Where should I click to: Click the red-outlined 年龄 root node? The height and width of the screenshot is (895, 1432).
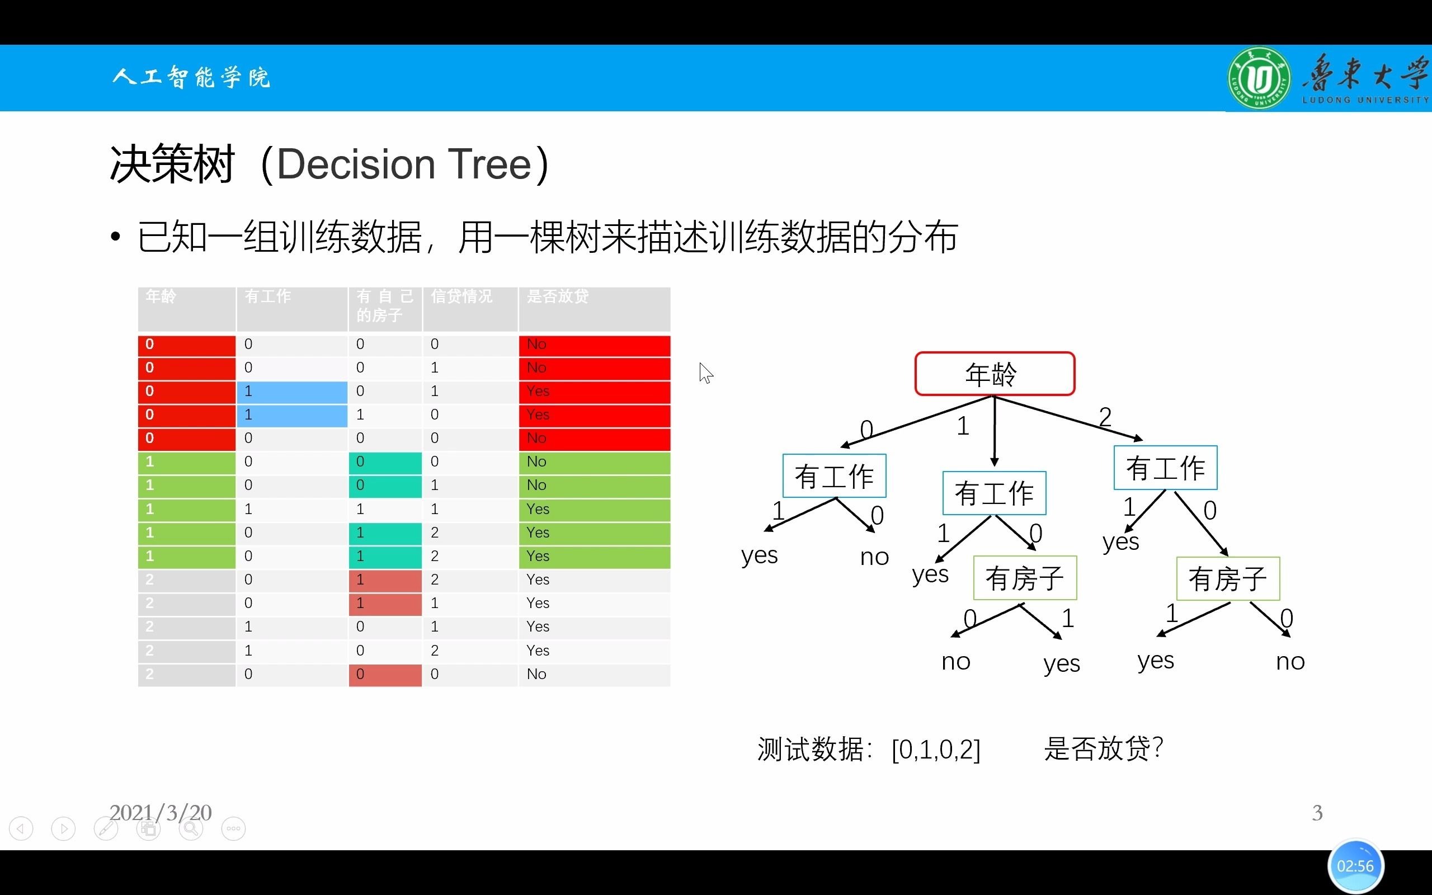(995, 374)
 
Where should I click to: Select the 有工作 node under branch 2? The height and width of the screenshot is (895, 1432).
(1165, 468)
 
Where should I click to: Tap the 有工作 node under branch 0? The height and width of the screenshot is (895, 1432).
(834, 476)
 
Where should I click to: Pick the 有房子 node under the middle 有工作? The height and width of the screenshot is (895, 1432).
(1025, 578)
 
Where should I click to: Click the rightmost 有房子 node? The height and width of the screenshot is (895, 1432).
(1228, 578)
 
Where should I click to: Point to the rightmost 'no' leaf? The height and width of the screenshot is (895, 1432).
(1290, 661)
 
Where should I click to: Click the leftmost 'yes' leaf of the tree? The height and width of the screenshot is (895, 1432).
(759, 555)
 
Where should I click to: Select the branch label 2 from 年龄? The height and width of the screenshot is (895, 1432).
(1105, 417)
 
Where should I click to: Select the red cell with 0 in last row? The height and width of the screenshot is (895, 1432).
(385, 675)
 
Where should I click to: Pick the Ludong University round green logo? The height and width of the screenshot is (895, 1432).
(1259, 79)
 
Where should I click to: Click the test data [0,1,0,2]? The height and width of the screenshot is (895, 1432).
(935, 750)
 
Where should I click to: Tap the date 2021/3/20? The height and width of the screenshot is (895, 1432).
(161, 813)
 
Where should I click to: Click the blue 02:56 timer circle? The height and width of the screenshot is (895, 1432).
(1355, 866)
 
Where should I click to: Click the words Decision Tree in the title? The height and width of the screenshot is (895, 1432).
(403, 164)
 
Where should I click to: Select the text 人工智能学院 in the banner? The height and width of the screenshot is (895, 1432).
(191, 78)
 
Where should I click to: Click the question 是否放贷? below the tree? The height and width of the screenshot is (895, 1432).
(1104, 749)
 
